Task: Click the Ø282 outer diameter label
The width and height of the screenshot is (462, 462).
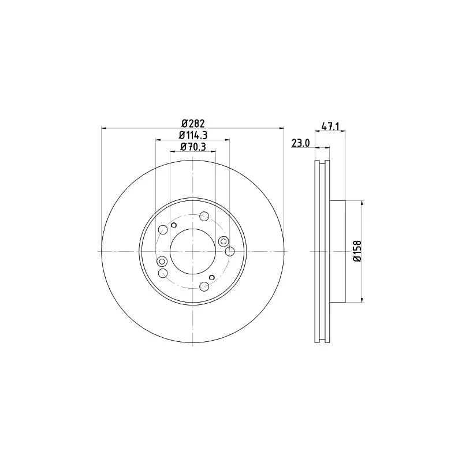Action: pyautogui.click(x=193, y=123)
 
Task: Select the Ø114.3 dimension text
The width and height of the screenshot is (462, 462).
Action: pyautogui.click(x=193, y=135)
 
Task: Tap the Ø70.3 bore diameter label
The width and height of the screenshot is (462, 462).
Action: pyautogui.click(x=193, y=147)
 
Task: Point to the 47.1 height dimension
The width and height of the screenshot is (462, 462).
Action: pyautogui.click(x=330, y=126)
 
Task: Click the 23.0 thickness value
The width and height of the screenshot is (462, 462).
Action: pyautogui.click(x=300, y=143)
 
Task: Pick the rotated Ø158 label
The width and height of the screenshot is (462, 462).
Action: pyautogui.click(x=357, y=251)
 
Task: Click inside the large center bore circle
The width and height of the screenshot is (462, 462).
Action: pyautogui.click(x=193, y=251)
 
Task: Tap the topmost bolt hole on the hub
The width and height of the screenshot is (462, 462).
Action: pyautogui.click(x=204, y=216)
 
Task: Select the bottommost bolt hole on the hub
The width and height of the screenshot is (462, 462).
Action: pyautogui.click(x=204, y=286)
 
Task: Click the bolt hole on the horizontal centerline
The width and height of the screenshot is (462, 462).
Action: pyautogui.click(x=229, y=252)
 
